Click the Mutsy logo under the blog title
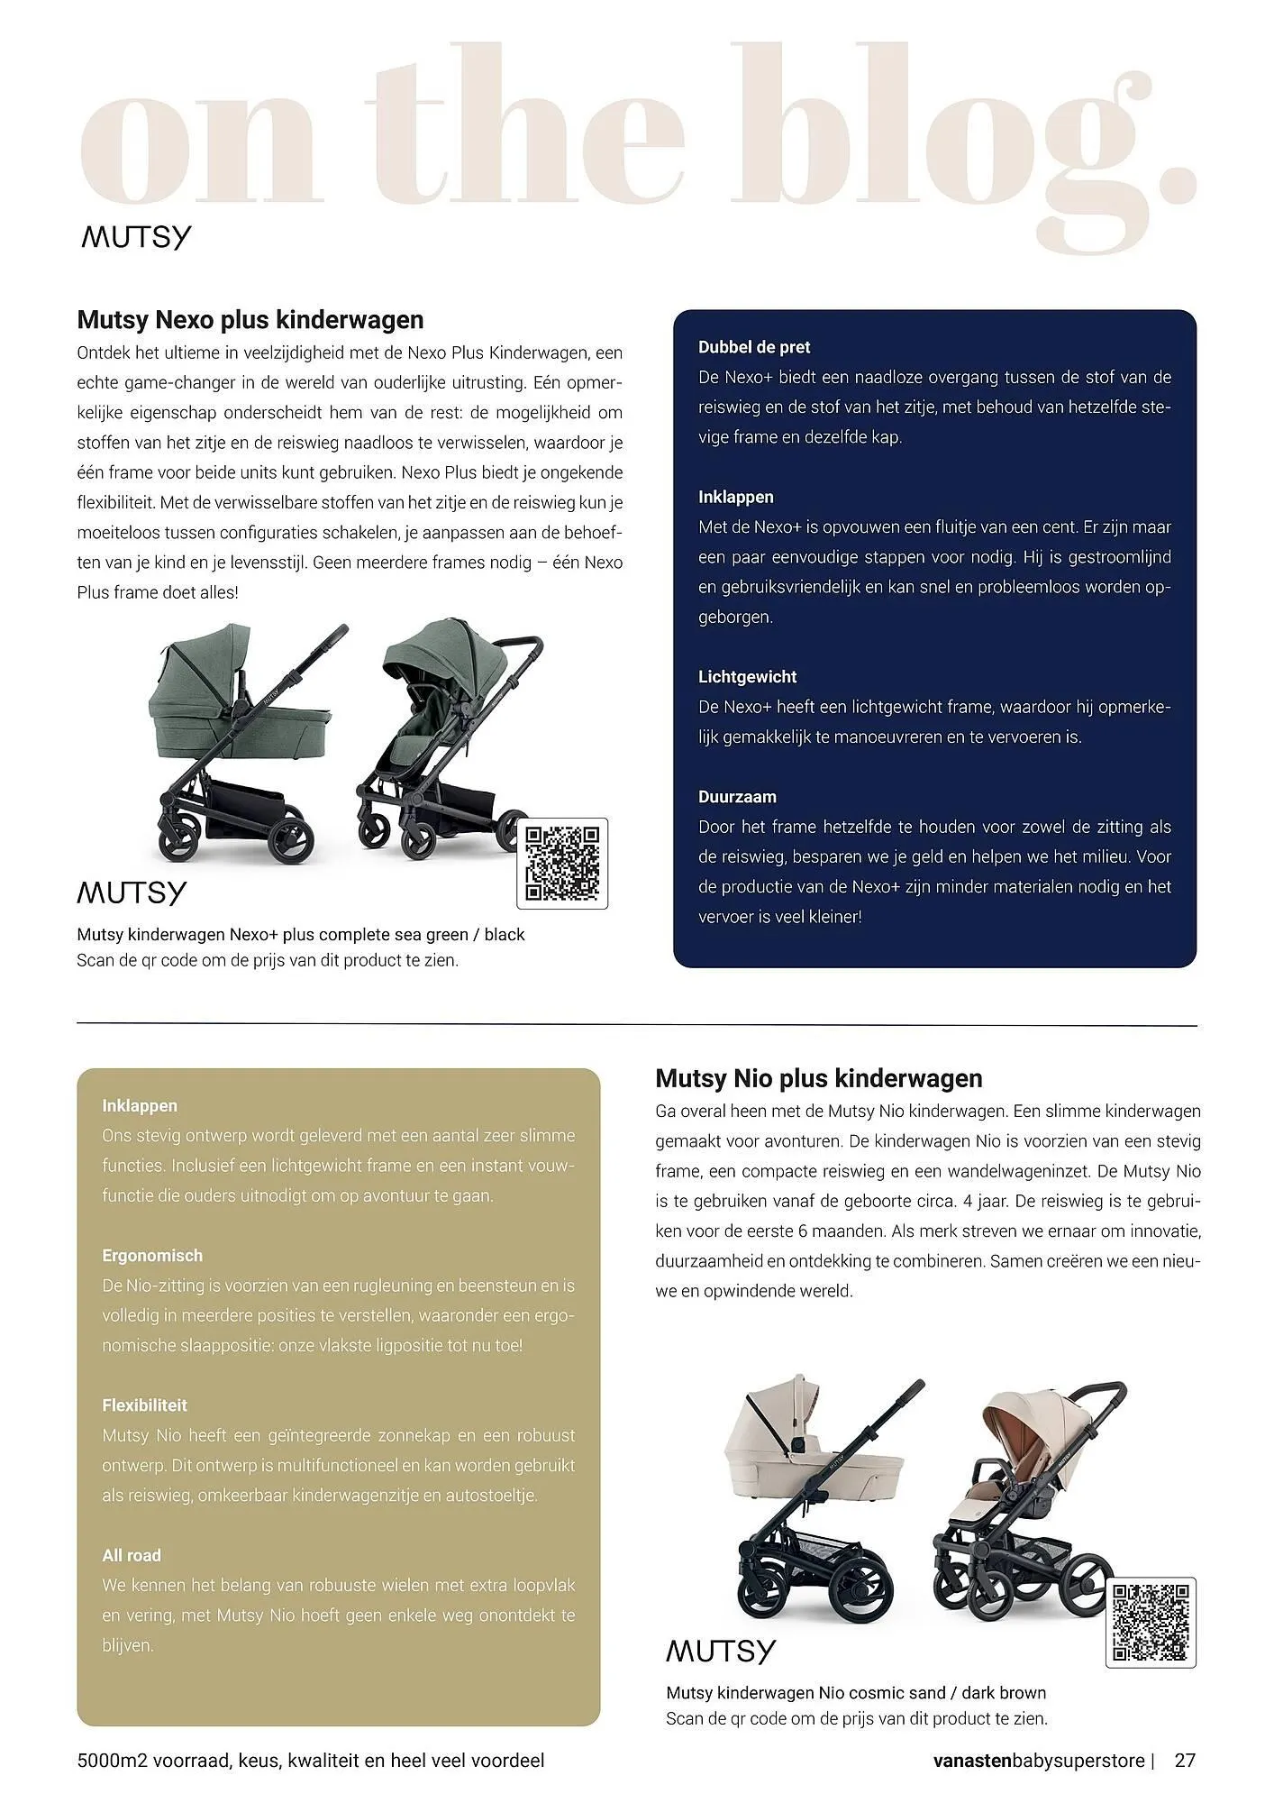coord(136,238)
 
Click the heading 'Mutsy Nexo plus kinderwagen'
coord(250,320)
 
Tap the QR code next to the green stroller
coord(562,863)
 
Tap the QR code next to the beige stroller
coord(1151,1622)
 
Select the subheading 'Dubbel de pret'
coord(753,347)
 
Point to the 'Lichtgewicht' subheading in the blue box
coord(747,677)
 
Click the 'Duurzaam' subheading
coord(736,797)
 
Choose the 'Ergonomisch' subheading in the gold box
coord(152,1256)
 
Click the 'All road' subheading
coord(132,1555)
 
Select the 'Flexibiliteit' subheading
coord(144,1405)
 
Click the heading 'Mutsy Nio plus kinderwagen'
coord(818,1078)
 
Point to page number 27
coord(1185,1760)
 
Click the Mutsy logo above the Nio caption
coord(720,1652)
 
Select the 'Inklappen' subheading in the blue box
coord(735,498)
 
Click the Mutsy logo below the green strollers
coord(132,893)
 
